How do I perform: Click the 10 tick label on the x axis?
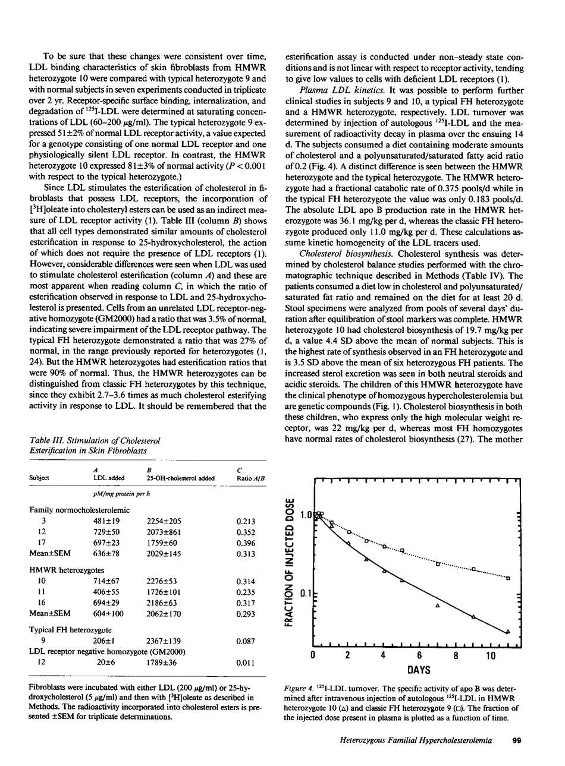pyautogui.click(x=491, y=656)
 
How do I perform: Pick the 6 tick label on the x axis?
pyautogui.click(x=420, y=656)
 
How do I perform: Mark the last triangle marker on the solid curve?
pyautogui.click(x=507, y=632)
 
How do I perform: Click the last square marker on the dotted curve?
pyautogui.click(x=508, y=578)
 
